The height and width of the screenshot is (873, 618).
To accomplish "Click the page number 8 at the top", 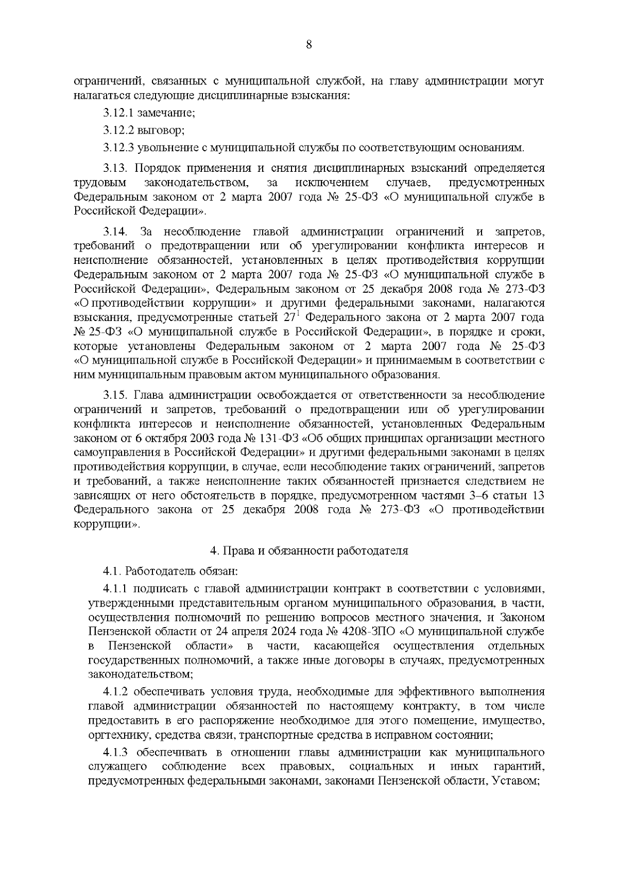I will [309, 45].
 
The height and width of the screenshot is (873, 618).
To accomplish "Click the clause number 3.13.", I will [115, 168].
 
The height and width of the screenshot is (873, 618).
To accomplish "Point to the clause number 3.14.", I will [115, 232].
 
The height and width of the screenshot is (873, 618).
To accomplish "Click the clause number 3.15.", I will [115, 395].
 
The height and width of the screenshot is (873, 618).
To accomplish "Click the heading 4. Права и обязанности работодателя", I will [309, 551].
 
